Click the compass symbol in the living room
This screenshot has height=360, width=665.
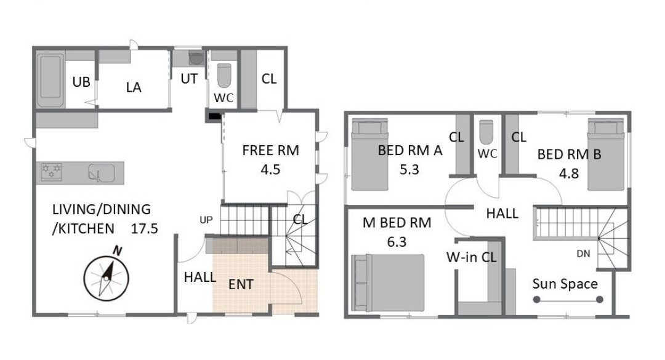click(x=107, y=278)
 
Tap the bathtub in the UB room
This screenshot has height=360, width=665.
click(x=50, y=81)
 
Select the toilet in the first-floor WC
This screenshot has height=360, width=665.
click(x=224, y=76)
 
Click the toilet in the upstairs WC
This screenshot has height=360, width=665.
click(x=486, y=132)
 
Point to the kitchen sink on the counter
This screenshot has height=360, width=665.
click(x=102, y=173)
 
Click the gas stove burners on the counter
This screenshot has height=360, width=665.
click(x=51, y=172)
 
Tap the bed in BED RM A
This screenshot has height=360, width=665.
click(x=370, y=154)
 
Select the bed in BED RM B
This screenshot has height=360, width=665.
click(x=606, y=155)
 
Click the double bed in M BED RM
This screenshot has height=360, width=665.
click(x=388, y=283)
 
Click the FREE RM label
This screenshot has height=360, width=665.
click(x=270, y=150)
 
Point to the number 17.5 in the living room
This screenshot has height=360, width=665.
click(x=144, y=228)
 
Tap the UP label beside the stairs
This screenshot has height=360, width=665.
click(x=206, y=220)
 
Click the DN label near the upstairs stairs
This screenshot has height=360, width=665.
click(x=583, y=254)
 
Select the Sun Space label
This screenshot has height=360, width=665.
click(x=565, y=284)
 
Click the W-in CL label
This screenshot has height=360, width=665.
click(x=471, y=257)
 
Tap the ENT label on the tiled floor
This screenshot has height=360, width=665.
click(x=241, y=284)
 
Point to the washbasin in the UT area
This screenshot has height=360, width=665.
click(x=196, y=58)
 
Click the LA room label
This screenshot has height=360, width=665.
click(x=134, y=87)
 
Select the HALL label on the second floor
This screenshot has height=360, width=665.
click(x=502, y=214)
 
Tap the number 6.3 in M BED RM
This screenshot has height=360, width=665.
click(x=397, y=242)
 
